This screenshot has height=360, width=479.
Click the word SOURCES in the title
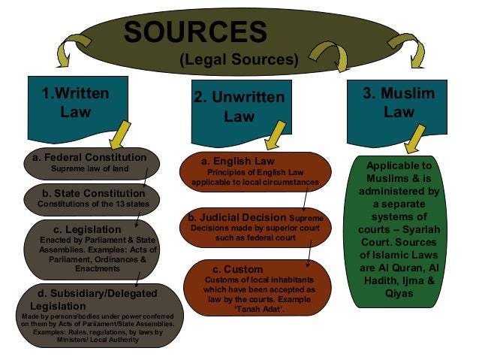pyautogui.click(x=194, y=31)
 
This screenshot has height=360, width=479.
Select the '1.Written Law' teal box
pyautogui.click(x=75, y=103)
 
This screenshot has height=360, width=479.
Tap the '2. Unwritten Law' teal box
pyautogui.click(x=239, y=107)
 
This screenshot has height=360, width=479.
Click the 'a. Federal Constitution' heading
pyautogui.click(x=94, y=157)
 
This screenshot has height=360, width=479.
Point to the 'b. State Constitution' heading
pyautogui.click(x=94, y=193)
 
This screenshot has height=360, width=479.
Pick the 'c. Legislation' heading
pyautogui.click(x=92, y=228)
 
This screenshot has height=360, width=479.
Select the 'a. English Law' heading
pyautogui.click(x=238, y=161)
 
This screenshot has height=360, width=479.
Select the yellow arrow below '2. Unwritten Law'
pyautogui.click(x=273, y=135)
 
